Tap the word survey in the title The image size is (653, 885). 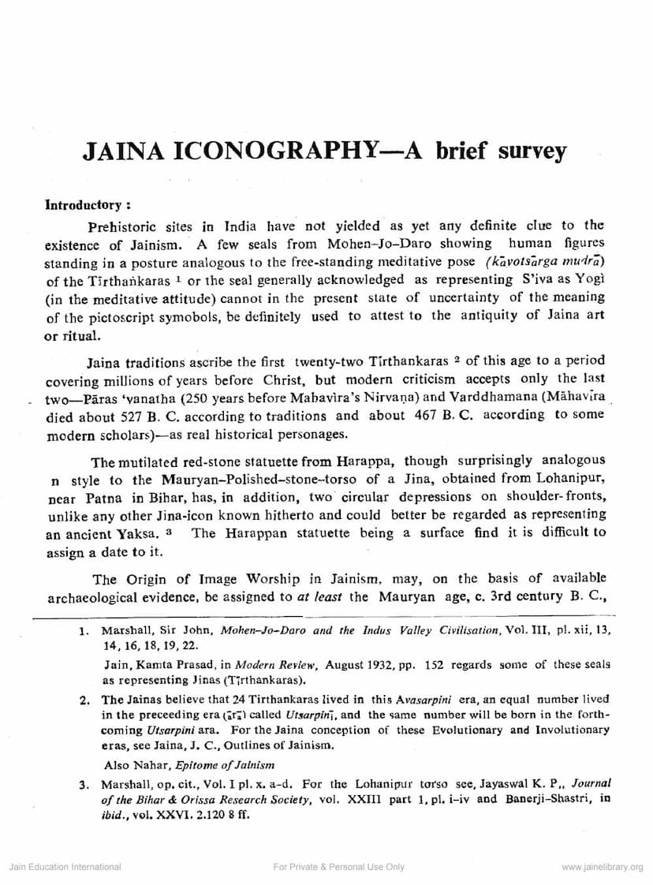[x=532, y=150]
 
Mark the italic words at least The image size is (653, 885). [x=320, y=596]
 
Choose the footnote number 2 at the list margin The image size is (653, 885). [x=83, y=700]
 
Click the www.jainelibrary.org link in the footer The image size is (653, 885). [x=602, y=867]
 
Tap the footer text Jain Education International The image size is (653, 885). [x=65, y=867]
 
